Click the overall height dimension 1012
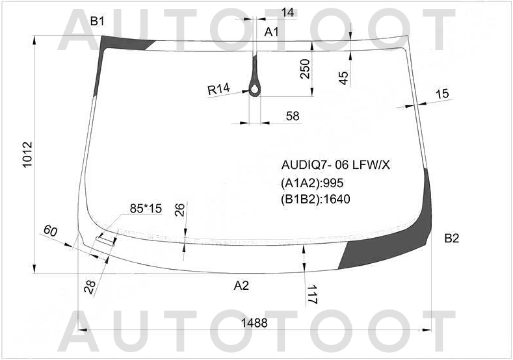pyautogui.click(x=27, y=155)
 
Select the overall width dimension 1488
pyautogui.click(x=254, y=323)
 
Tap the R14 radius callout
pyautogui.click(x=219, y=88)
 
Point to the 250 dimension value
pyautogui.click(x=304, y=69)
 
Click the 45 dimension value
pyautogui.click(x=343, y=78)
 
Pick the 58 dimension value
pyautogui.click(x=293, y=116)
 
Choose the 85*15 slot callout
pyautogui.click(x=146, y=209)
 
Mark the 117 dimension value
pyautogui.click(x=312, y=294)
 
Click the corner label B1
pyautogui.click(x=97, y=21)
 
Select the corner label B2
pyautogui.click(x=451, y=238)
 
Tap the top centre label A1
pyautogui.click(x=271, y=32)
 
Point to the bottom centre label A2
pyautogui.click(x=241, y=286)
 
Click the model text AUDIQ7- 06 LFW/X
pyautogui.click(x=335, y=166)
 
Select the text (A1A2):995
pyautogui.click(x=312, y=183)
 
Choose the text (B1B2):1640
pyautogui.click(x=315, y=199)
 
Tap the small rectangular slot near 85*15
pyautogui.click(x=106, y=241)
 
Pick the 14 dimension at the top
pyautogui.click(x=288, y=12)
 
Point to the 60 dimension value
pyautogui.click(x=50, y=231)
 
